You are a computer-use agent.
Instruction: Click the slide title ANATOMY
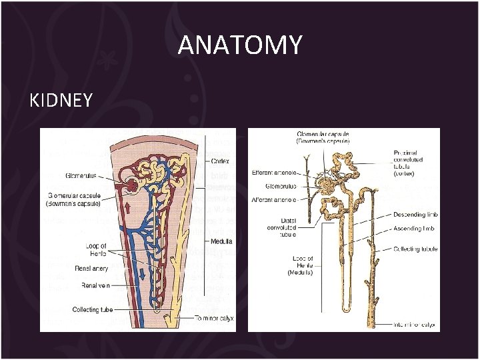(240, 46)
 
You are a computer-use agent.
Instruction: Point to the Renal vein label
(96, 285)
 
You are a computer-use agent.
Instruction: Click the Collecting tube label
(93, 310)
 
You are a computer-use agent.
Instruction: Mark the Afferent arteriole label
(275, 199)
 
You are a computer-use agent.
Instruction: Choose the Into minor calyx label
(413, 325)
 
